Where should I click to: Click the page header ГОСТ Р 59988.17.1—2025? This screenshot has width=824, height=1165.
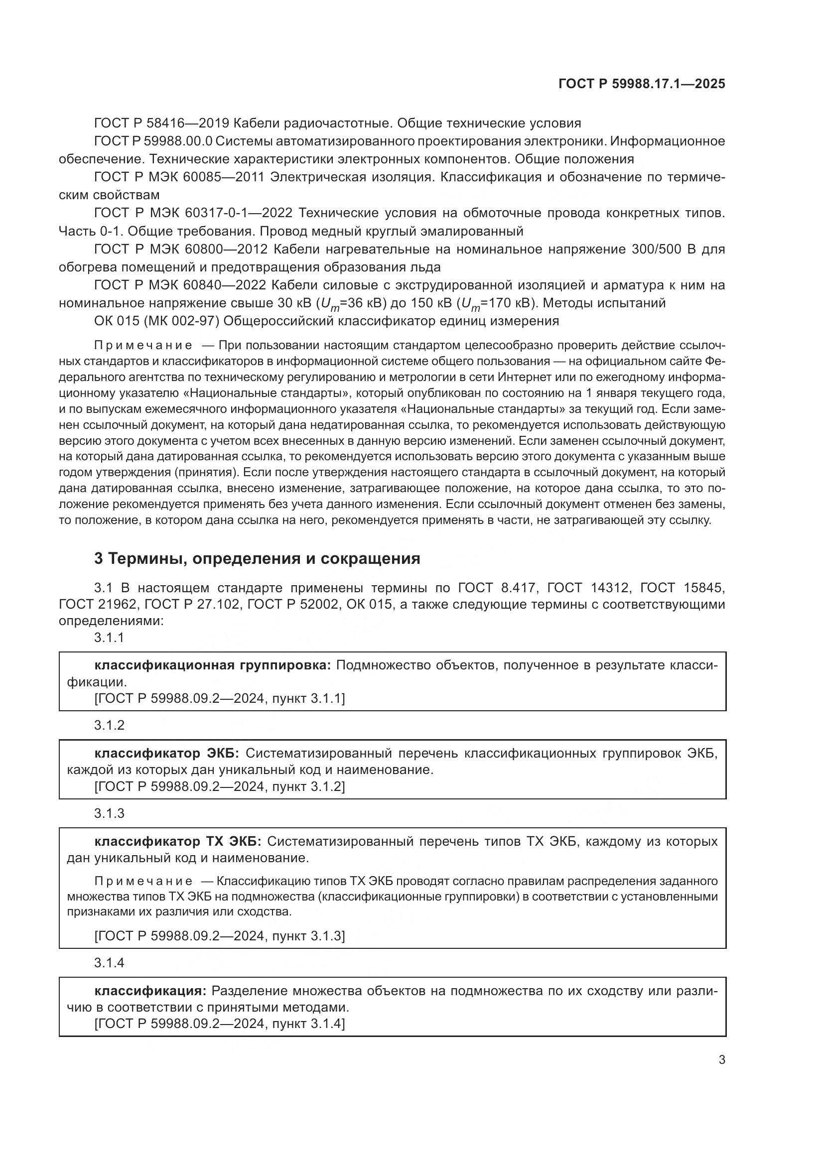pyautogui.click(x=641, y=84)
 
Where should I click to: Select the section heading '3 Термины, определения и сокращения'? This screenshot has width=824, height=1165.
pyautogui.click(x=257, y=559)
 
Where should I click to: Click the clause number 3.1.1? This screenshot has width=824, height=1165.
pyautogui.click(x=109, y=638)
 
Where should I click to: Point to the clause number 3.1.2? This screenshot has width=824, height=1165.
pyautogui.click(x=109, y=725)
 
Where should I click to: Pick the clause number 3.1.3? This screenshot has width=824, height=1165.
pyautogui.click(x=109, y=813)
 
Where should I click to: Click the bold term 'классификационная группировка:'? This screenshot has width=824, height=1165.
pyautogui.click(x=213, y=665)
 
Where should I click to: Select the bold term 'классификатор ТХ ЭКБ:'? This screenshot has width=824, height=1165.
pyautogui.click(x=177, y=841)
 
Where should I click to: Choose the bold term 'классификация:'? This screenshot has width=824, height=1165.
pyautogui.click(x=150, y=991)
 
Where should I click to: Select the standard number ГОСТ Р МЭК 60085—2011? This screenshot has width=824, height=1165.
pyautogui.click(x=180, y=177)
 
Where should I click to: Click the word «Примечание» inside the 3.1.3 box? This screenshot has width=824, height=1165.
pyautogui.click(x=143, y=881)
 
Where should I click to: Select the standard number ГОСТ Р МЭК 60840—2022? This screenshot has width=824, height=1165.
pyautogui.click(x=180, y=285)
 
